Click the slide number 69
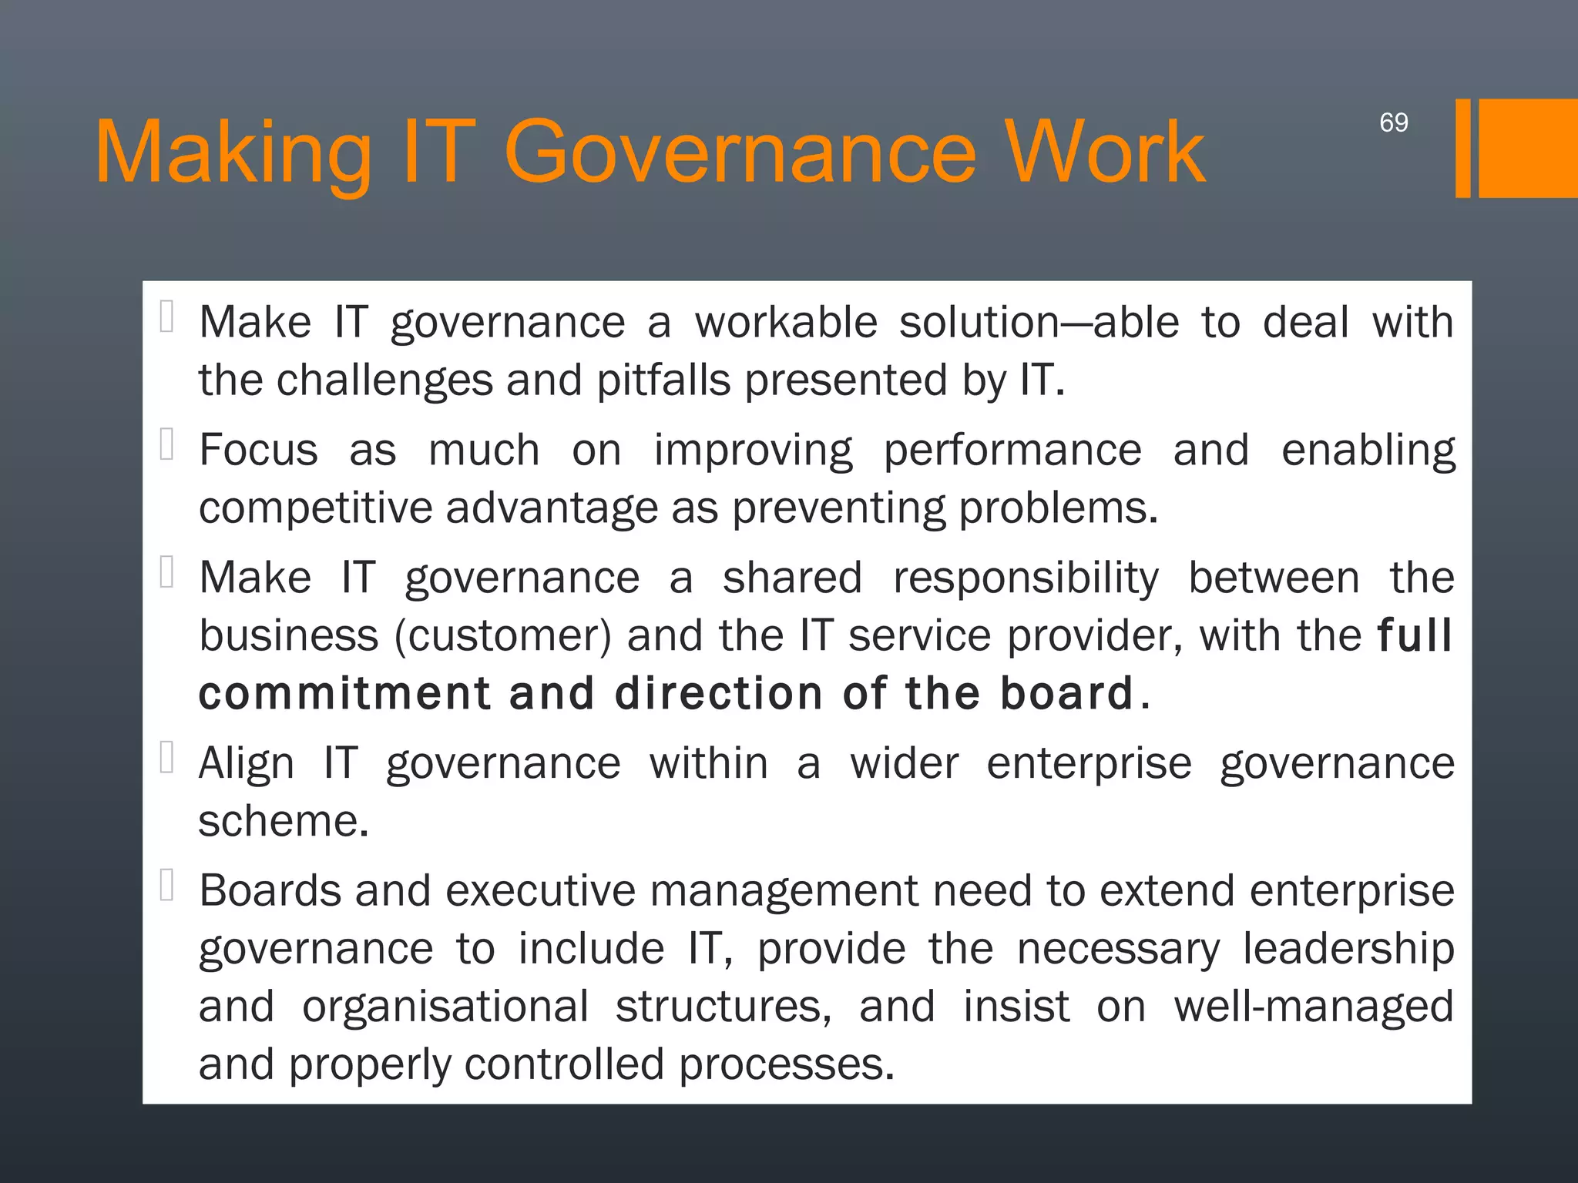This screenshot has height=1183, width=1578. tap(1393, 122)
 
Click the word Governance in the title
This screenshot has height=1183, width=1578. tap(740, 152)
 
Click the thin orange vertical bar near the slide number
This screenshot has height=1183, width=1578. tap(1462, 149)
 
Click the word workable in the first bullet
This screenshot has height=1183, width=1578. tap(786, 322)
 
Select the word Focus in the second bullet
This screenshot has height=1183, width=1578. tap(258, 450)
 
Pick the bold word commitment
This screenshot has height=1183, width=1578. tap(344, 693)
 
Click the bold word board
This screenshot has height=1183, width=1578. tap(1066, 693)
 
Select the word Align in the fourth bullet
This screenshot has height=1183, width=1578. tap(246, 764)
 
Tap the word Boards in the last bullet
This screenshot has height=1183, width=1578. tap(269, 891)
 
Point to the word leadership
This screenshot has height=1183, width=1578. tap(1348, 949)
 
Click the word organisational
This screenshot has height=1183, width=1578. tap(445, 1007)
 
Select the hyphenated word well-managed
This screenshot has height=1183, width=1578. tap(1313, 1007)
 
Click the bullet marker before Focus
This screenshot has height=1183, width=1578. tap(166, 444)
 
